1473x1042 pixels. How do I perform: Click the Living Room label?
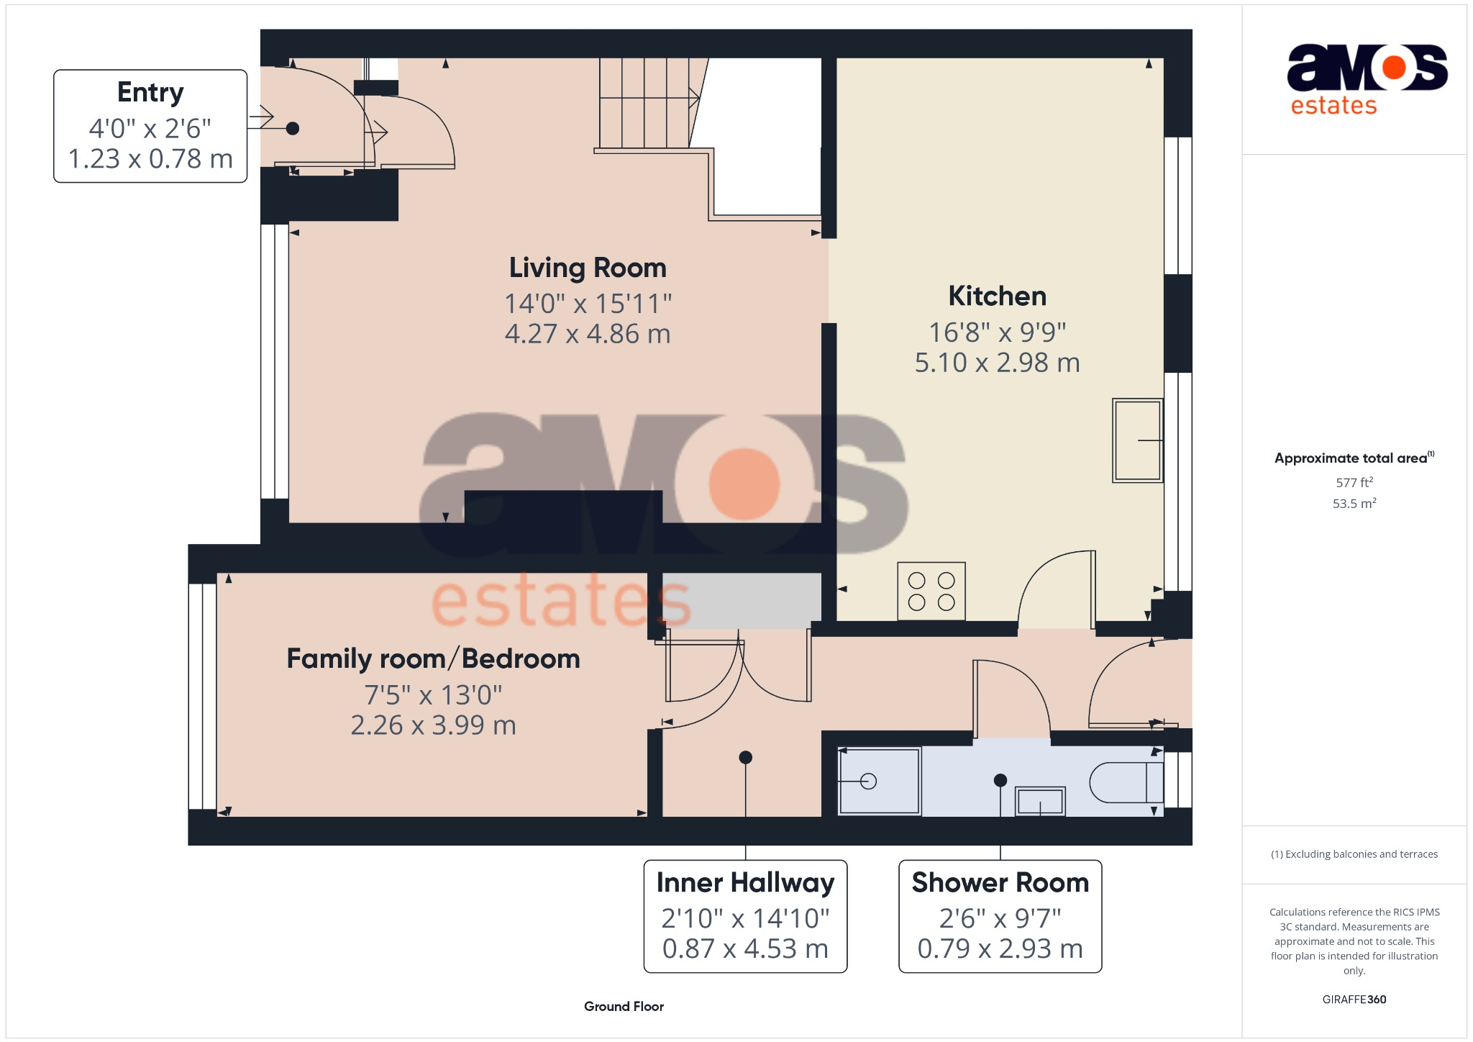[588, 268]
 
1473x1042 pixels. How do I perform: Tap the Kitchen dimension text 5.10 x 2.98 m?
[997, 363]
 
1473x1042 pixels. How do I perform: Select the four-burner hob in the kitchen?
[931, 591]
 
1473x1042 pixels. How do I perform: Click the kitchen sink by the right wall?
[1136, 440]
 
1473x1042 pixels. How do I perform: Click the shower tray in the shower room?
[879, 781]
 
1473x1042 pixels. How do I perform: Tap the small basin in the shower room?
[1040, 801]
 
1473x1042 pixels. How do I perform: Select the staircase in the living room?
[647, 104]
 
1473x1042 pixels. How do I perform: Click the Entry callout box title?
[150, 93]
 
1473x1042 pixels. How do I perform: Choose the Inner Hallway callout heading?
[745, 882]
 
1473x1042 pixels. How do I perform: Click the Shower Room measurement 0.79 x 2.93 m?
[1000, 948]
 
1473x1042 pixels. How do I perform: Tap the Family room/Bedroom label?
[433, 658]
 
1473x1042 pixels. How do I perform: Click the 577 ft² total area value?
[1354, 482]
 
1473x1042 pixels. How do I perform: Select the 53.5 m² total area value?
[1354, 503]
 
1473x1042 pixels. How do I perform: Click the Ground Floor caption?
[624, 1006]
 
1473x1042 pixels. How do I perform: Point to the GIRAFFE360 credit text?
[1354, 999]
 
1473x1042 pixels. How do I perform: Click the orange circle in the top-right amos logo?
[1393, 67]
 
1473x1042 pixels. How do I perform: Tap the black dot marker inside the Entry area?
[293, 129]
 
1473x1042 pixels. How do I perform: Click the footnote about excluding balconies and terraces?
[1354, 854]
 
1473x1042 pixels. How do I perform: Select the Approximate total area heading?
[1350, 458]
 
